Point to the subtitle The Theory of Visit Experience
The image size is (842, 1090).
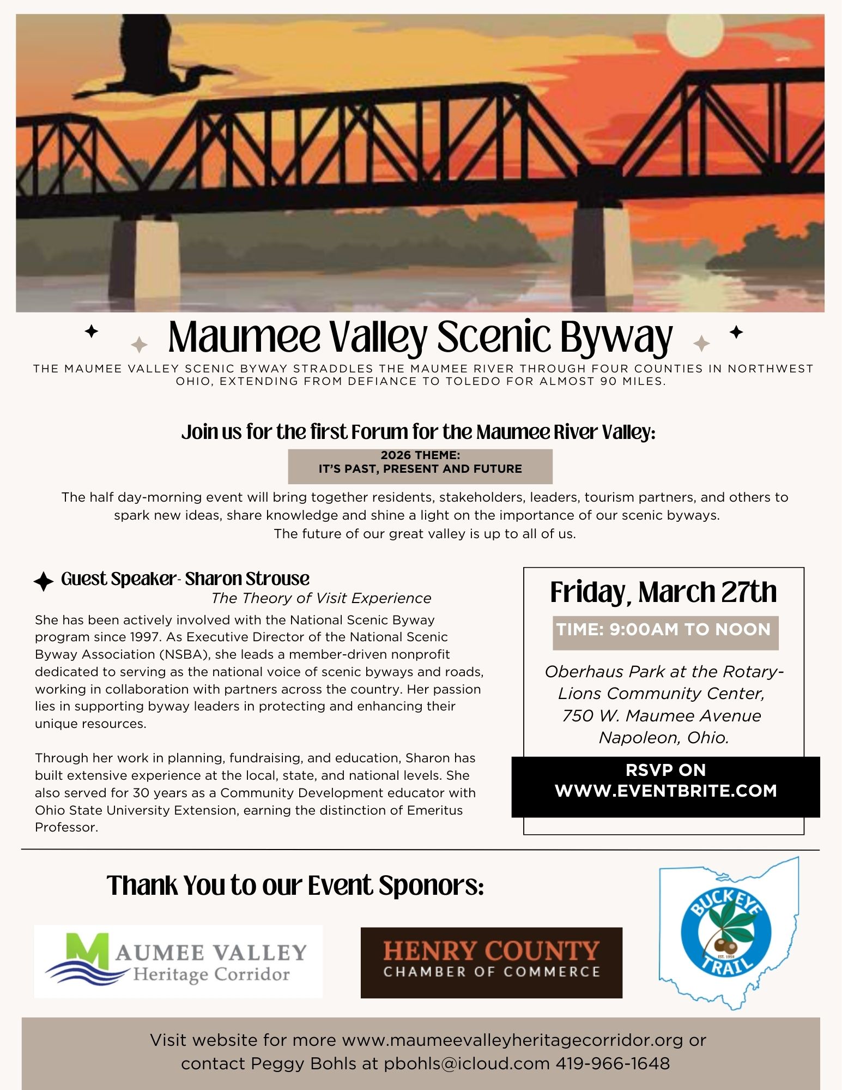[x=321, y=598]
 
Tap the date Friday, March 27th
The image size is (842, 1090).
[x=663, y=592]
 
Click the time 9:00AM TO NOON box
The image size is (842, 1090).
[x=665, y=630]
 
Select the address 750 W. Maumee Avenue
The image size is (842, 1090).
[x=662, y=715]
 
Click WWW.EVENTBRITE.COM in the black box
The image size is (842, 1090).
[x=665, y=791]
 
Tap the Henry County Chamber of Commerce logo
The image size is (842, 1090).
[x=491, y=963]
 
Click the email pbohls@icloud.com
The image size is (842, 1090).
[x=467, y=1064]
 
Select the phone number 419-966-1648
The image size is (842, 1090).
[x=613, y=1064]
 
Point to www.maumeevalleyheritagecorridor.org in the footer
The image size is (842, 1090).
[x=512, y=1040]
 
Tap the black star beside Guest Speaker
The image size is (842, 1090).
[x=44, y=581]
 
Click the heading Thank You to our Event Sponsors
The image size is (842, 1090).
[x=295, y=885]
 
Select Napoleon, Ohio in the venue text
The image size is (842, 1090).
[x=664, y=738]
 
